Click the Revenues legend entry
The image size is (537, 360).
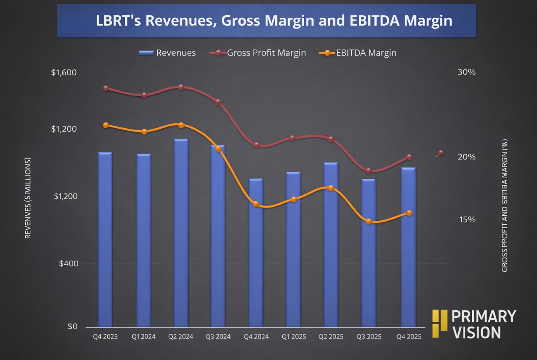(x=167, y=53)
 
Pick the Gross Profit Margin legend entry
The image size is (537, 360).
(x=258, y=53)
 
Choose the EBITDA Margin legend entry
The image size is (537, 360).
(x=358, y=53)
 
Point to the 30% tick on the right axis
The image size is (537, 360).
(x=466, y=72)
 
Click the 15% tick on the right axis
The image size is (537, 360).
(x=467, y=220)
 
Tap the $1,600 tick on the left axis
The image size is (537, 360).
(x=64, y=73)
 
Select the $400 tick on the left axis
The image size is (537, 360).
(x=69, y=264)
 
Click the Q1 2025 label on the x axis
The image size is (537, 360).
(x=294, y=337)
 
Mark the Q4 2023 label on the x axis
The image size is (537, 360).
(x=105, y=337)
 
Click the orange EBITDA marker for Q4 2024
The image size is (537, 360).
(x=256, y=204)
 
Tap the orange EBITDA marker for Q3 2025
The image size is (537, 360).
(x=369, y=222)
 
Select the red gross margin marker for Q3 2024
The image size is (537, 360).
(x=218, y=102)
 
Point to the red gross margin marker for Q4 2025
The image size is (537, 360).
(x=409, y=157)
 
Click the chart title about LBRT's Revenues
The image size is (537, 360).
(x=274, y=21)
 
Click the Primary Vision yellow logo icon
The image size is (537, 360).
(x=440, y=323)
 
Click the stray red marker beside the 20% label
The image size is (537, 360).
(x=441, y=153)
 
